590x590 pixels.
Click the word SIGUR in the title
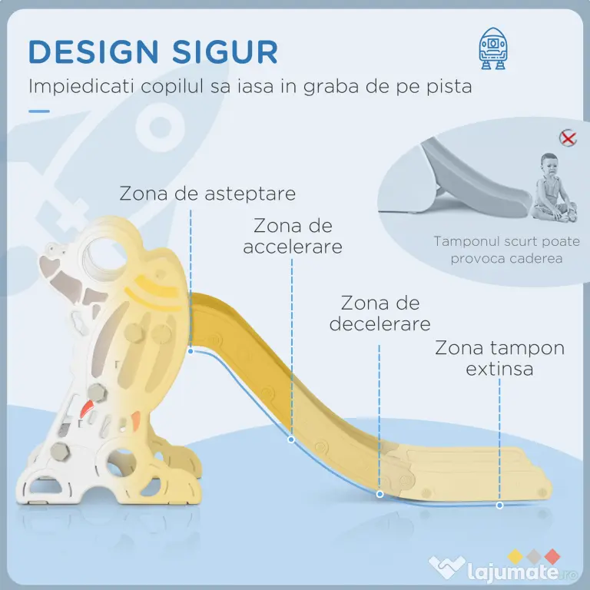[225, 51]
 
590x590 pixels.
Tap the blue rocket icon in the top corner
[493, 48]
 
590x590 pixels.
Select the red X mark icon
[568, 138]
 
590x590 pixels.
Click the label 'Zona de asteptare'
[207, 194]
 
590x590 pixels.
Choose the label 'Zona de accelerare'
[293, 237]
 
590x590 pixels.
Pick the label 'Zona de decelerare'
[380, 313]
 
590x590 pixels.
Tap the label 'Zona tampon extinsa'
[499, 358]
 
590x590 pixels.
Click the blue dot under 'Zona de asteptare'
[191, 351]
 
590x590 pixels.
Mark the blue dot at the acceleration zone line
[291, 439]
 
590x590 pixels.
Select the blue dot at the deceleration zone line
[380, 494]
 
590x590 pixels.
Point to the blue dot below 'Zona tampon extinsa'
[499, 505]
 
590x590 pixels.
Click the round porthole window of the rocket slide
[104, 259]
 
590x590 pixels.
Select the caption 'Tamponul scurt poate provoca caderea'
[506, 250]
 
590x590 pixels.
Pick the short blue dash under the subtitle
[39, 111]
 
